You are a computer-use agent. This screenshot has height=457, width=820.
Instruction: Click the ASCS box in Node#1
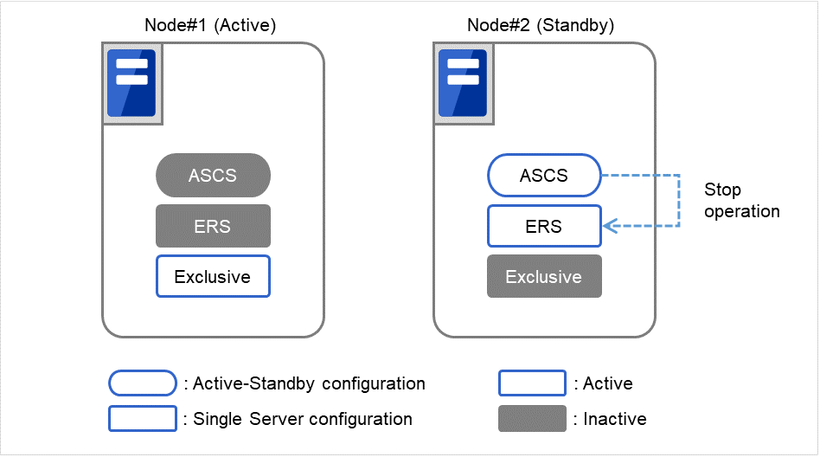(x=213, y=176)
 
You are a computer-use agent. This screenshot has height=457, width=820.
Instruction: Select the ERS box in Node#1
(x=213, y=226)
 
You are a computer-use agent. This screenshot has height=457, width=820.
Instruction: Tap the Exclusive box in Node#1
(x=213, y=277)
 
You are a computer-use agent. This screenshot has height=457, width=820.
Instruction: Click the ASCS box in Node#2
(x=544, y=176)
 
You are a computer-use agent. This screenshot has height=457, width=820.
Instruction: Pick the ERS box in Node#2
(x=544, y=226)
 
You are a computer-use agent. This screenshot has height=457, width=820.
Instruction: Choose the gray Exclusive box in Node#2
(x=544, y=277)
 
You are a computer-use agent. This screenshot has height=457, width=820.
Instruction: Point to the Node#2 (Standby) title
(x=541, y=25)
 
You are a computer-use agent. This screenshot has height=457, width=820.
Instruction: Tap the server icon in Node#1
(x=131, y=83)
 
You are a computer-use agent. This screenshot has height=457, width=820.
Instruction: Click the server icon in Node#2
(x=463, y=83)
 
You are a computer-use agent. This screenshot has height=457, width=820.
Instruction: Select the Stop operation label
(x=741, y=201)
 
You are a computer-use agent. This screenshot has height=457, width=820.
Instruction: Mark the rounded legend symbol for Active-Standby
(x=142, y=383)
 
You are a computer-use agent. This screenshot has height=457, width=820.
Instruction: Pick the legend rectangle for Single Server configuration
(x=142, y=419)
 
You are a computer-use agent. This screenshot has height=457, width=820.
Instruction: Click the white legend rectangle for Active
(x=532, y=383)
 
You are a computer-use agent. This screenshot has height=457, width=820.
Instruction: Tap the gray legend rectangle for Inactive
(x=532, y=419)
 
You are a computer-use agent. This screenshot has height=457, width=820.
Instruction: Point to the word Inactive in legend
(x=615, y=419)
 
